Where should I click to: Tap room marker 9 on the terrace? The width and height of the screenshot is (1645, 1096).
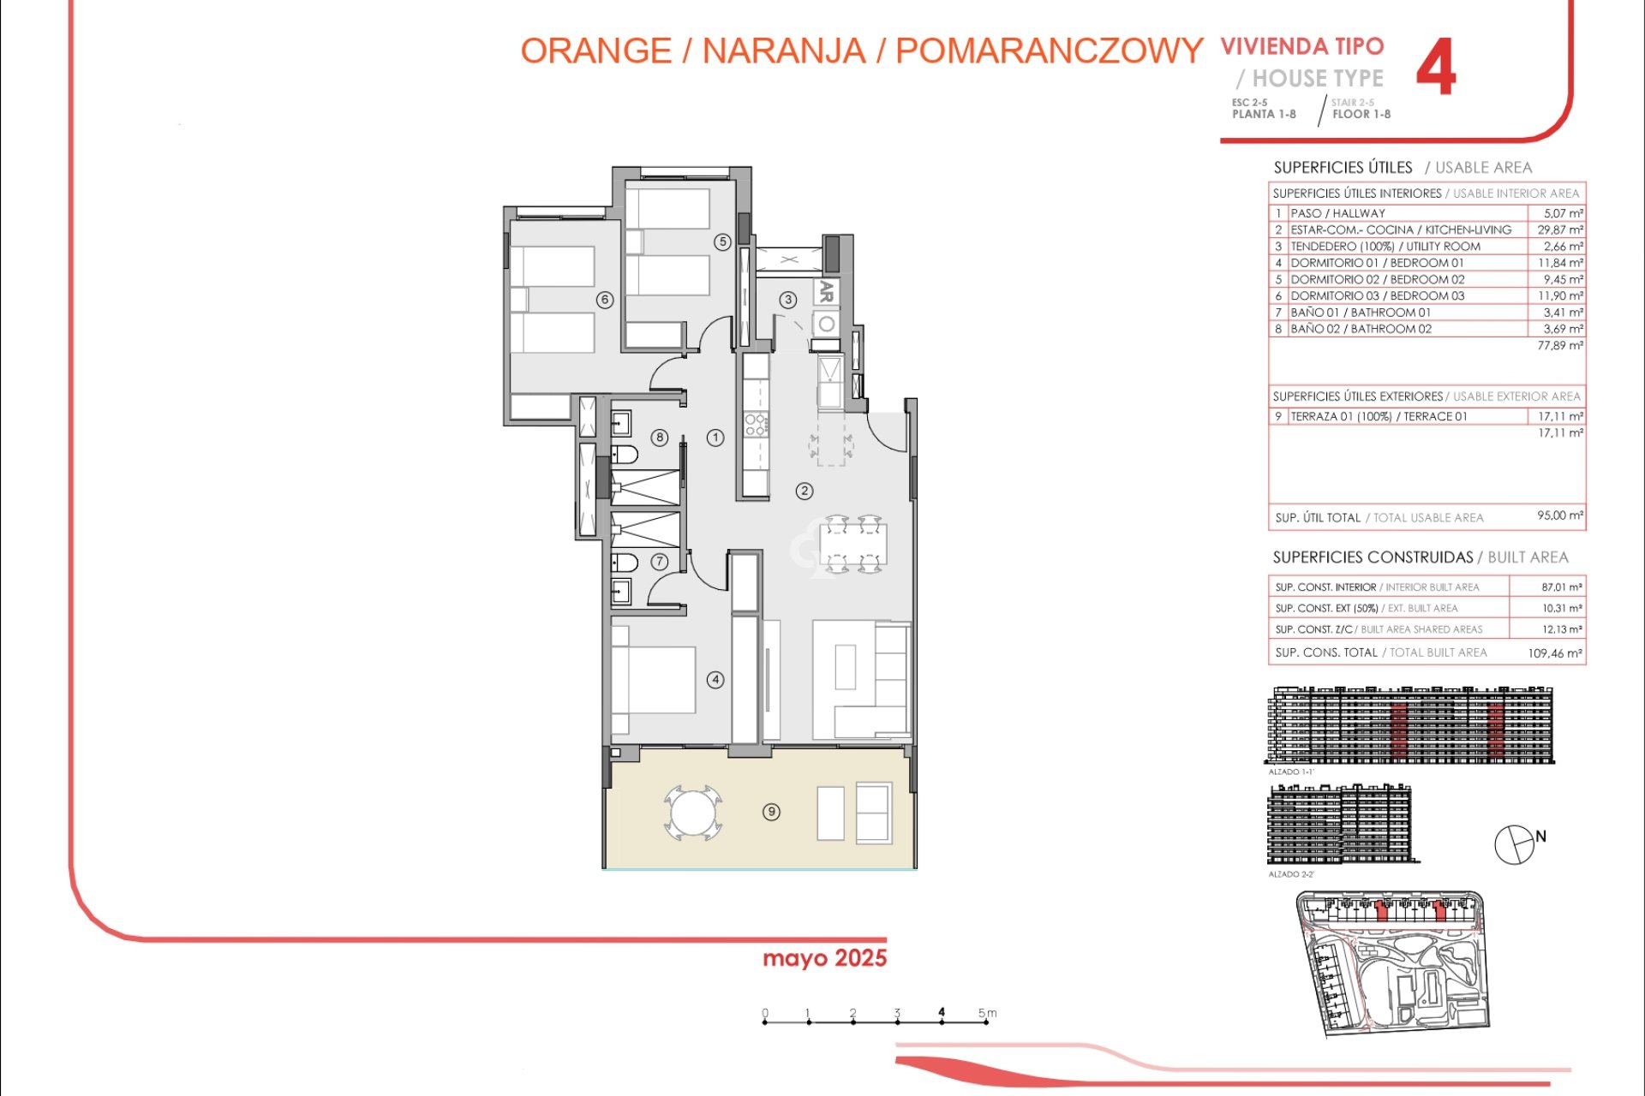click(771, 812)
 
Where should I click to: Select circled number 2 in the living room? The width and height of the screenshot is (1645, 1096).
click(804, 491)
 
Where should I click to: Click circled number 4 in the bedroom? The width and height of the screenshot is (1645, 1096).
click(715, 680)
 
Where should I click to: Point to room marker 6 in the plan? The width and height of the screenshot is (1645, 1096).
click(605, 300)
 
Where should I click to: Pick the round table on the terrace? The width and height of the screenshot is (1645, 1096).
click(692, 813)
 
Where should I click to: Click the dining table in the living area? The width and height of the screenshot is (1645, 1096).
click(853, 545)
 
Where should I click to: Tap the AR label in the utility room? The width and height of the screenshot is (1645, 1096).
click(826, 291)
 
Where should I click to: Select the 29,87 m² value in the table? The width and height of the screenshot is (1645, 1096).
click(1559, 229)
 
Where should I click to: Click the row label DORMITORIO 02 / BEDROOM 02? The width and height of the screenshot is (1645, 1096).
click(1377, 279)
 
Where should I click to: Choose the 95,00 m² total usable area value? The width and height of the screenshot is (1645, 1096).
click(1559, 515)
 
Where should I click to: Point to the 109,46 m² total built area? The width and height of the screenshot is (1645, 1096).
click(1555, 652)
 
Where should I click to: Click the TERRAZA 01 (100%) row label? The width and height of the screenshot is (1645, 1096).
click(1379, 416)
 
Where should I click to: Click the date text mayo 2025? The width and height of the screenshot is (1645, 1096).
click(824, 958)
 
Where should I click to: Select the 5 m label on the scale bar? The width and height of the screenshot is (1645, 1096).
click(987, 1013)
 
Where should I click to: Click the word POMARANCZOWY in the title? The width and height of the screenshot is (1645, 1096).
click(1049, 51)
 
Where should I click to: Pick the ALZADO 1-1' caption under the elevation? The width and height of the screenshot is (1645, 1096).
click(1290, 771)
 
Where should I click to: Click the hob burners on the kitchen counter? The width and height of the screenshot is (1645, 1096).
click(755, 424)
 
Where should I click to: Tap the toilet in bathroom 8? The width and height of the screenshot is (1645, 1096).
click(624, 454)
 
